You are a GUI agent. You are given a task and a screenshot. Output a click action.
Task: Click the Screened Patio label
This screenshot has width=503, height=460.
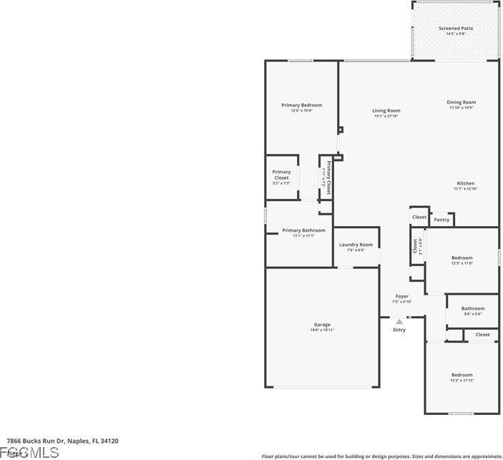coord(456,28)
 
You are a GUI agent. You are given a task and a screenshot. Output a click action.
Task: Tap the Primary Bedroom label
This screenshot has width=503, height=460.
coord(301,105)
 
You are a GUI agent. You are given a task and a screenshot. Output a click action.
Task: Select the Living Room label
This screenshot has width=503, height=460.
coord(386,111)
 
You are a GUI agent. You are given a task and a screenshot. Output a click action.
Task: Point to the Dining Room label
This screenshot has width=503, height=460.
coord(462,102)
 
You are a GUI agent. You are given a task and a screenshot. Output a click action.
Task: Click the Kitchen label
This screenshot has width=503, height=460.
coord(465,183)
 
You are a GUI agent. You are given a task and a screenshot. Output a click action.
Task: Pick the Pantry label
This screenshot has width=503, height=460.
coord(442,220)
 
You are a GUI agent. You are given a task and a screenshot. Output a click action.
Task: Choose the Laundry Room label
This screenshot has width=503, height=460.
coord(356,245)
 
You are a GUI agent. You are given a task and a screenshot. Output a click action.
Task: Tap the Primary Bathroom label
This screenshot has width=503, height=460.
coord(303,230)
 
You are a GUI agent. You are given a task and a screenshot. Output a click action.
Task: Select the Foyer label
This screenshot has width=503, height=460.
coord(402,296)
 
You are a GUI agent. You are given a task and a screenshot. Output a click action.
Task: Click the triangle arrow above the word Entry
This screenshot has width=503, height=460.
coord(399,321)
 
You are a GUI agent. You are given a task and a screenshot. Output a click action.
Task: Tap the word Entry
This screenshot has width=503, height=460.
coord(399,330)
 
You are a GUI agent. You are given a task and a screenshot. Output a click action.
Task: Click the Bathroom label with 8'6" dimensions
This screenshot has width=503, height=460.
coord(472,308)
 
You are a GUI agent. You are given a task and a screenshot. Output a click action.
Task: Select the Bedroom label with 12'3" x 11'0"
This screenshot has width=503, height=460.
coord(462,258)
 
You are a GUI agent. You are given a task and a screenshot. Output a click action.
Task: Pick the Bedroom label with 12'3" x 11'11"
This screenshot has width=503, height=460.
coord(462,375)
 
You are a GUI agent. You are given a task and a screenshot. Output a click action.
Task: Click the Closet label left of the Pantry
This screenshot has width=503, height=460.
coord(419,217)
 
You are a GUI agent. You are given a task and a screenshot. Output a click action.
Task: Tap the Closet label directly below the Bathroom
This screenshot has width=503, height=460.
coord(482,334)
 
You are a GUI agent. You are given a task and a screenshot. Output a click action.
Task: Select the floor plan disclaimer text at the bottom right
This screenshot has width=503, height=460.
coord(381,456)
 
